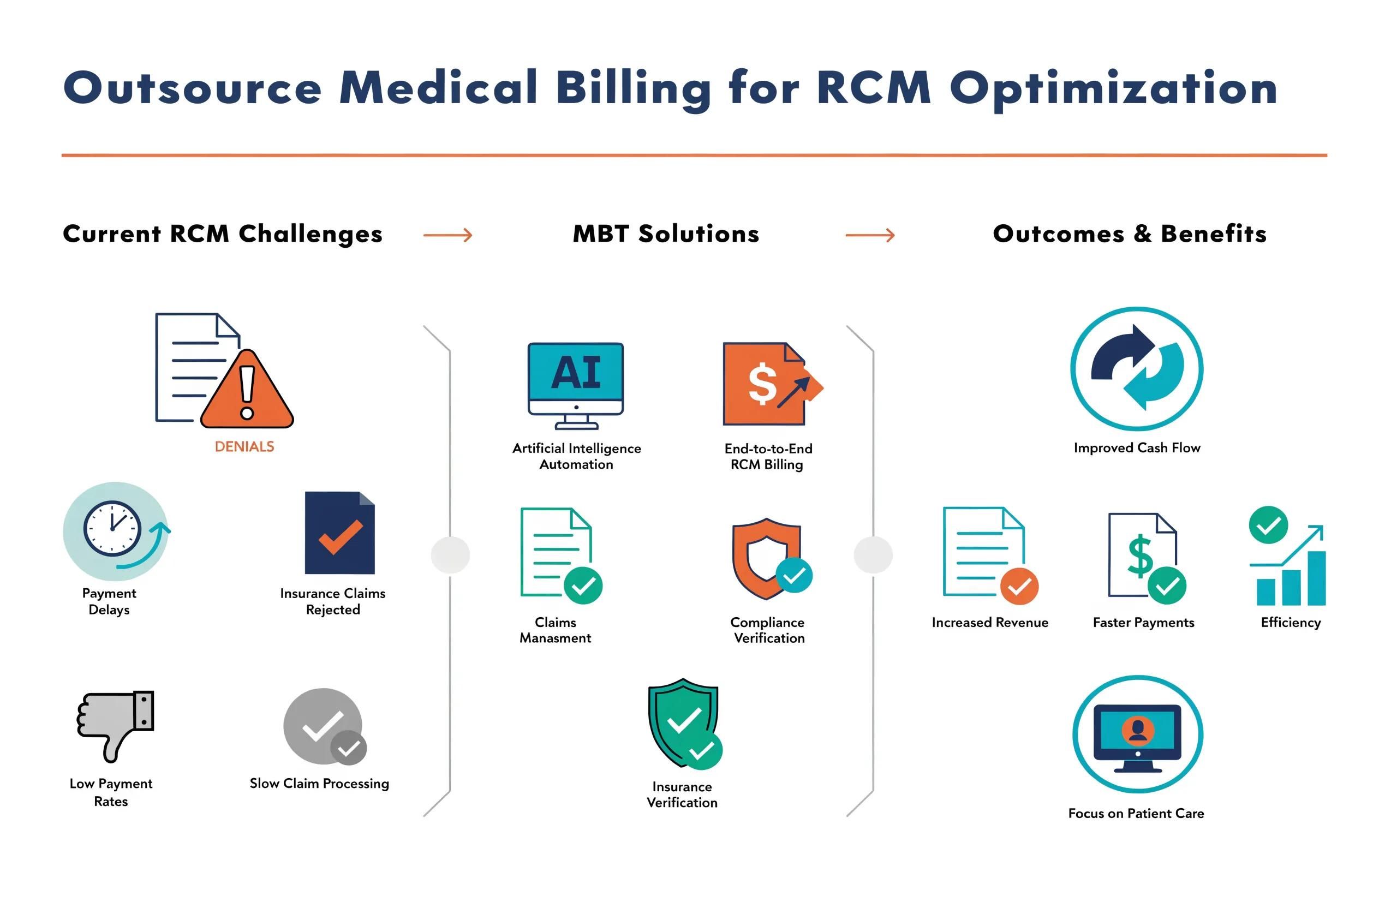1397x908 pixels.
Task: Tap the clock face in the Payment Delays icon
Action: (x=112, y=528)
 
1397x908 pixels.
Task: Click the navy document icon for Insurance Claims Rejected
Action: (x=340, y=533)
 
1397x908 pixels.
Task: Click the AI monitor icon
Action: (x=576, y=386)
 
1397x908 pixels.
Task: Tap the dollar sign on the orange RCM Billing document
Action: (x=762, y=383)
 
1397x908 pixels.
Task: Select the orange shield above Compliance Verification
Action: (x=767, y=558)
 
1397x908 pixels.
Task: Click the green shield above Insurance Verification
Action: (x=683, y=722)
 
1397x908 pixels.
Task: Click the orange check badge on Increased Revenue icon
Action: (x=1019, y=586)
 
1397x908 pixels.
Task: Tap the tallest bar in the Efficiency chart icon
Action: (x=1317, y=577)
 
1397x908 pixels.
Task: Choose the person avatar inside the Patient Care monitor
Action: (x=1138, y=730)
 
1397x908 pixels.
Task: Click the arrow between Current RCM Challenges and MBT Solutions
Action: (x=448, y=235)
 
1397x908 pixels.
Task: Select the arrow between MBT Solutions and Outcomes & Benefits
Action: (x=870, y=235)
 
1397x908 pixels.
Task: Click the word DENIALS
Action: (x=244, y=447)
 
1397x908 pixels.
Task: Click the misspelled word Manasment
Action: (x=556, y=638)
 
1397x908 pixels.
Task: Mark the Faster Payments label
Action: (x=1143, y=622)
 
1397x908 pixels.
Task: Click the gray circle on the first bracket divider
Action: (x=450, y=554)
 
